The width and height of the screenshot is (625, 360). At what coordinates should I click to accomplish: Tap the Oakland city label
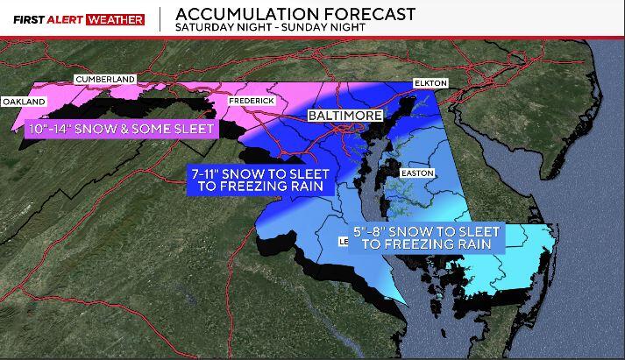click(24, 102)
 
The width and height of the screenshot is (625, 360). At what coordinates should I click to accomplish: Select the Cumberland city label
click(105, 80)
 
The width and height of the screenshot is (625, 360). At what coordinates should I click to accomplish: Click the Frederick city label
click(252, 102)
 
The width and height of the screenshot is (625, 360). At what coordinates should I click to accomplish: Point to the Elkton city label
click(430, 83)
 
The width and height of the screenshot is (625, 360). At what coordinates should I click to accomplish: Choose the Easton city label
click(416, 173)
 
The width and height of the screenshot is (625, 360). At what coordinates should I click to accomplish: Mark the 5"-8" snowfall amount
click(376, 231)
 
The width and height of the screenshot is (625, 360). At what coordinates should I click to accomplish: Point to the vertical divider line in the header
click(160, 20)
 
